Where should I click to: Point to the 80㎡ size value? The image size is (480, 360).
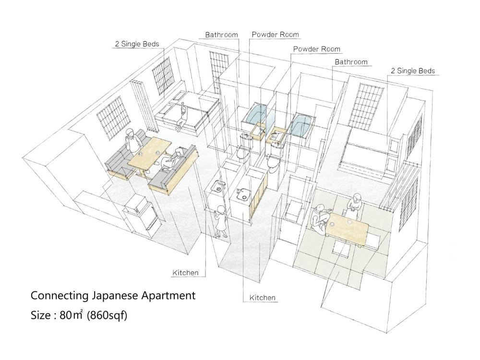point(72,315)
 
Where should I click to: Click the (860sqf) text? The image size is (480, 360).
point(107,315)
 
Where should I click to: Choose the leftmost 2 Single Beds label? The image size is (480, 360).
point(137,44)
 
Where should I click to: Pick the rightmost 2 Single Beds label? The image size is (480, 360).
point(413,71)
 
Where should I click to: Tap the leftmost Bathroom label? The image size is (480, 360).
point(221,35)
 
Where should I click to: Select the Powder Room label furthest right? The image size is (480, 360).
point(316,49)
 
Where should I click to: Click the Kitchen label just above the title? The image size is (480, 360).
point(185,273)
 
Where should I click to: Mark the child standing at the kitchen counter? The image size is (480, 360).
point(220,221)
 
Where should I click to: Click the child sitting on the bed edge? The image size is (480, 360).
point(182,116)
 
